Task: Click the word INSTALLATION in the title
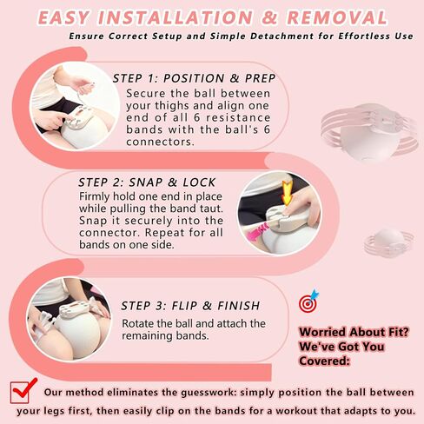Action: click(x=176, y=17)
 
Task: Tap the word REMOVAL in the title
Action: click(x=337, y=17)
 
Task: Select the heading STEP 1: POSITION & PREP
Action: click(x=194, y=78)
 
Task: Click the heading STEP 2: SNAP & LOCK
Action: click(x=147, y=182)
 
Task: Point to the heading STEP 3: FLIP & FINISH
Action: click(x=190, y=306)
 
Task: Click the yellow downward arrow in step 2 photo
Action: click(x=287, y=193)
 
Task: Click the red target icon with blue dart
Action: click(x=308, y=301)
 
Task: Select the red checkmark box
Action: click(x=23, y=391)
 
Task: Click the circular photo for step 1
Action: click(x=75, y=105)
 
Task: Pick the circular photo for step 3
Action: click(x=70, y=319)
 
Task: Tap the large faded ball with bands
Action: click(x=369, y=132)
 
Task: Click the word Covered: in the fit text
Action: click(x=324, y=361)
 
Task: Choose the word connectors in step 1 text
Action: click(x=160, y=142)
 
